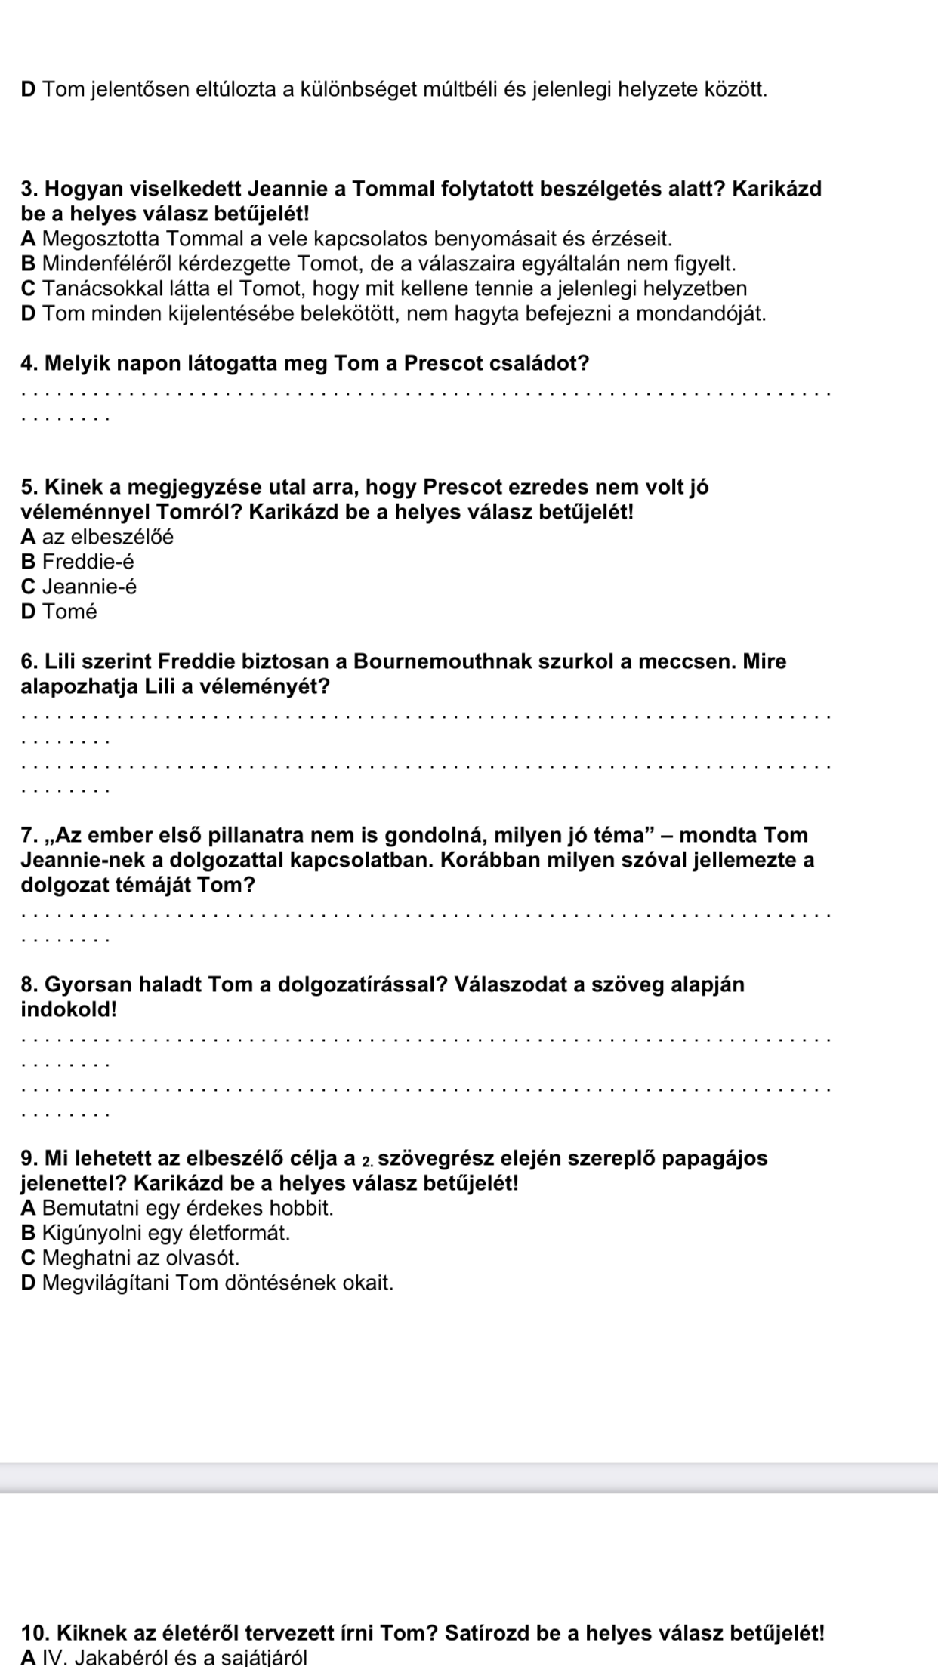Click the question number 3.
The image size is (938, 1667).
click(x=29, y=189)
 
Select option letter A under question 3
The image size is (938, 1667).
click(x=30, y=239)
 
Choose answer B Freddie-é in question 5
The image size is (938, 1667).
click(x=79, y=562)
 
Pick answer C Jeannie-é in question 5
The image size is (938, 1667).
click(x=80, y=587)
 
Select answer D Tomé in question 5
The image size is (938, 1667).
click(x=60, y=612)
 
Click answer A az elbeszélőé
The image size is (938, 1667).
click(x=98, y=537)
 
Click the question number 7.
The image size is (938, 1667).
click(x=29, y=835)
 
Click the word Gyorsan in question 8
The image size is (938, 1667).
click(x=84, y=984)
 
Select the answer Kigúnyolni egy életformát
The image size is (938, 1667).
click(x=166, y=1233)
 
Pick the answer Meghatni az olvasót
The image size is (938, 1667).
click(x=140, y=1258)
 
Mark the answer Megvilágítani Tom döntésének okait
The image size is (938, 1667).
click(x=218, y=1283)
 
